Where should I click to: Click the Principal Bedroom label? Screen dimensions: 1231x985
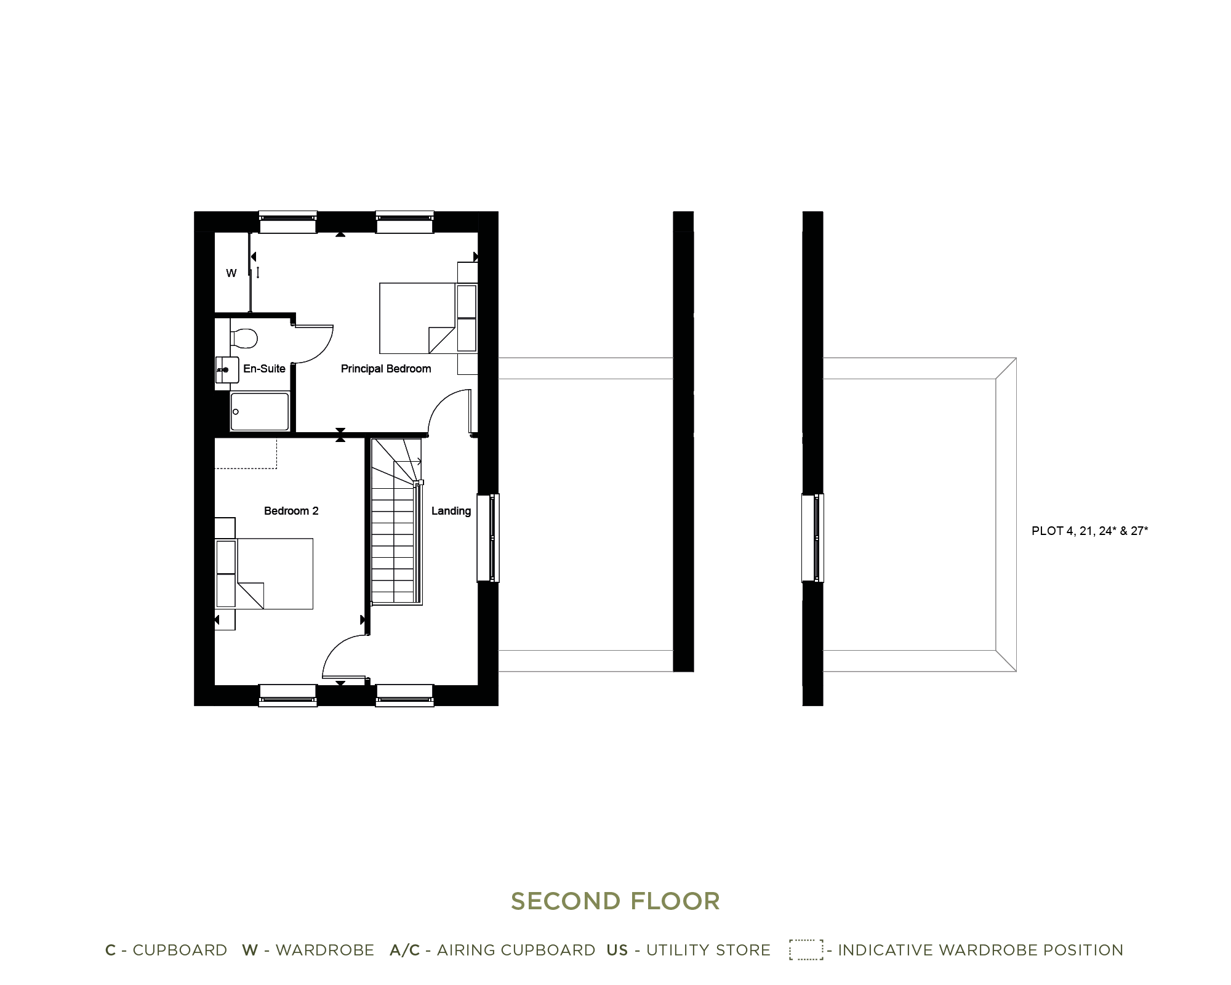pos(386,369)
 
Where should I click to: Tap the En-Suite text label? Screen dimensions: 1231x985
pos(264,369)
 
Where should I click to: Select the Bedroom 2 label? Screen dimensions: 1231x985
pos(291,511)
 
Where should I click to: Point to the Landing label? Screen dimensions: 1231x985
pos(451,511)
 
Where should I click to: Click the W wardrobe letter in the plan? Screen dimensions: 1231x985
pos(231,273)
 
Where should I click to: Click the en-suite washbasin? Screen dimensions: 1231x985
pos(227,370)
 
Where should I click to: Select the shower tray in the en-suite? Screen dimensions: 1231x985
pos(260,412)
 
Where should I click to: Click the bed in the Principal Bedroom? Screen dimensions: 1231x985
pos(419,318)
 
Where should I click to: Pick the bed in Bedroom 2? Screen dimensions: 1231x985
pos(275,574)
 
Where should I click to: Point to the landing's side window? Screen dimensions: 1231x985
pos(488,537)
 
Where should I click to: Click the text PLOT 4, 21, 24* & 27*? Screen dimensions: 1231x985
pos(1089,531)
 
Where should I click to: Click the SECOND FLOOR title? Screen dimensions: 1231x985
pos(615,901)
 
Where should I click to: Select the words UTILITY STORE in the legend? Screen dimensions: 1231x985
pos(708,950)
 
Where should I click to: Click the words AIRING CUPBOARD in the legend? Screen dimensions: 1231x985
pos(516,950)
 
